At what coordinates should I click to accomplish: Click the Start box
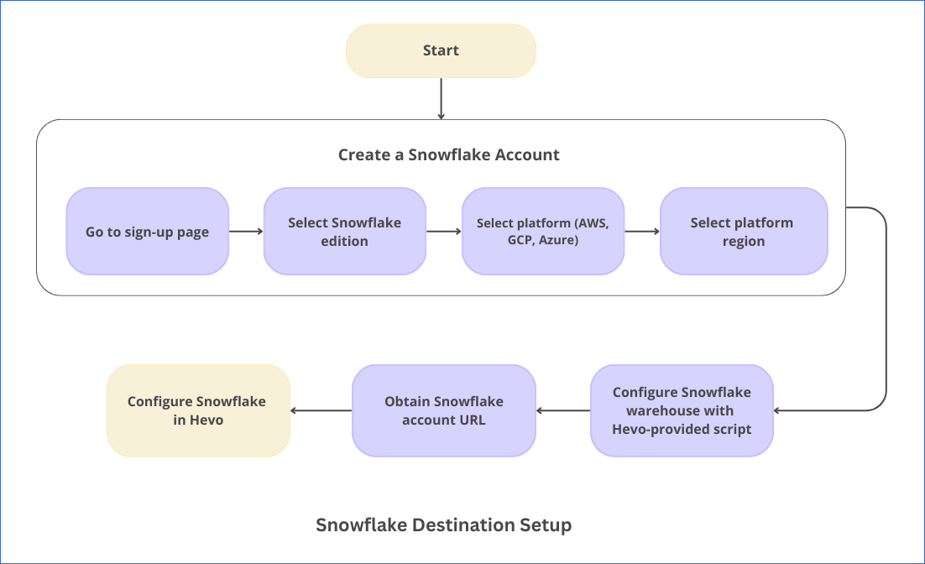441,50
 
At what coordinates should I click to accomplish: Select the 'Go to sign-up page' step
148,232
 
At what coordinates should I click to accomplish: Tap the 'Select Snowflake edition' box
344,232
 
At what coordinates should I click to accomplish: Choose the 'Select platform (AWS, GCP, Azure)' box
543,232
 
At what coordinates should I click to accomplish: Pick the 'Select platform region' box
744,232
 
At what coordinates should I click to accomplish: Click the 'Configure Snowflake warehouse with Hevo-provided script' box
682,410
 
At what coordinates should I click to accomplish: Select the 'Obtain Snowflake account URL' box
444,410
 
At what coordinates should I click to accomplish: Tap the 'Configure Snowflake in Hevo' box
198,410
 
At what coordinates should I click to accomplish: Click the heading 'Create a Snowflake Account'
448,154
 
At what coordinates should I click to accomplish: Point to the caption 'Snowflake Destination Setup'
444,525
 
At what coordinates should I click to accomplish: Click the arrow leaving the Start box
441,98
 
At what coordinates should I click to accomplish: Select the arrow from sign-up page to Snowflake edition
246,232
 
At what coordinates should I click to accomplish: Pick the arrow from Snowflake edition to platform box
444,232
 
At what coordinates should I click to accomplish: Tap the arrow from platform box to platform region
642,232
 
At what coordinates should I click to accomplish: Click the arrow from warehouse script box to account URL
562,410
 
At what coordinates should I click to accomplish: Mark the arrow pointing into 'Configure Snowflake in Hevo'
321,410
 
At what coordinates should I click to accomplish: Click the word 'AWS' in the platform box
592,223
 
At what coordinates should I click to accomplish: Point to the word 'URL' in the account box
473,420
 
